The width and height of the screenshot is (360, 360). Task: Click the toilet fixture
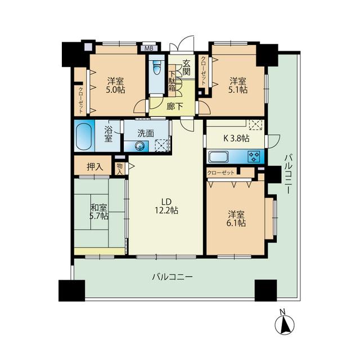click(157, 66)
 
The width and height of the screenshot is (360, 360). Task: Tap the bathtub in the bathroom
click(84, 136)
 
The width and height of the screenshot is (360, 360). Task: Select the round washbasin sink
click(139, 146)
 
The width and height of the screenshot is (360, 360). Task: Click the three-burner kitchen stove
click(254, 156)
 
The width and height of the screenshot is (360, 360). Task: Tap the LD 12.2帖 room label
click(166, 206)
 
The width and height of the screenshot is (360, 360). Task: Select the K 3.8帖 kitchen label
click(236, 138)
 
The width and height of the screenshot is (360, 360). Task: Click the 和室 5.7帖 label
click(99, 211)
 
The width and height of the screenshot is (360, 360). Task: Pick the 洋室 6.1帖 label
click(237, 219)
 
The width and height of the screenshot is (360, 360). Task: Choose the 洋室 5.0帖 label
click(116, 85)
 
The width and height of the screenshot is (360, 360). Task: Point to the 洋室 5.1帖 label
click(238, 85)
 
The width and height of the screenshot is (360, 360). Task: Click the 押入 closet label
click(94, 167)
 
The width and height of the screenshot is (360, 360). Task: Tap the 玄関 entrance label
click(186, 67)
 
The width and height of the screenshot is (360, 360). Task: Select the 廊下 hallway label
click(175, 106)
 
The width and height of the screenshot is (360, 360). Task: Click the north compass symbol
click(285, 324)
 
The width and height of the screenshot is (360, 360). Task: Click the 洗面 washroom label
click(146, 133)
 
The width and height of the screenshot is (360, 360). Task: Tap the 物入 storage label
click(120, 169)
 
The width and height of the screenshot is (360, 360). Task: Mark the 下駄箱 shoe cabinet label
click(172, 81)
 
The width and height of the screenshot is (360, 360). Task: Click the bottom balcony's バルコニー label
click(173, 277)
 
